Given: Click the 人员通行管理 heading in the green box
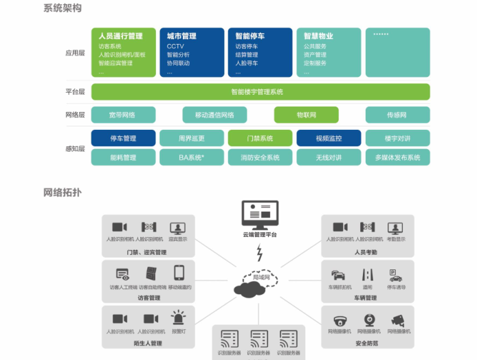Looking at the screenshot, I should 120,36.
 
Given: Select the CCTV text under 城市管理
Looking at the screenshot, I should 175,47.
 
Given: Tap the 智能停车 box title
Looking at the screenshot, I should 250,36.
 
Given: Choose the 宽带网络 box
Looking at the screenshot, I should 123,115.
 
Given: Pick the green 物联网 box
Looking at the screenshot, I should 306,115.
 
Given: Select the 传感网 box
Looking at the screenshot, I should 397,115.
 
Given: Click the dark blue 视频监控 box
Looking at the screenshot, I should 329,138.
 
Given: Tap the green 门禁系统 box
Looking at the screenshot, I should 260,138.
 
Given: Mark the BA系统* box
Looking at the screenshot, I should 192,157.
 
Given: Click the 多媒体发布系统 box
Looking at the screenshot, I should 397,157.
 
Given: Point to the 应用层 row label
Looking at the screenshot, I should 75,52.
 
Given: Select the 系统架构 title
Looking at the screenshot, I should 62,8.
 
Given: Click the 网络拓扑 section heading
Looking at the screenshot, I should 62,192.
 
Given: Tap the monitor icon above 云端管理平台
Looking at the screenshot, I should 259,215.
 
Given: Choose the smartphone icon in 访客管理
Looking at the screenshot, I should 179,273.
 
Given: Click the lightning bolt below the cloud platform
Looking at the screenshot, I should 259,254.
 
